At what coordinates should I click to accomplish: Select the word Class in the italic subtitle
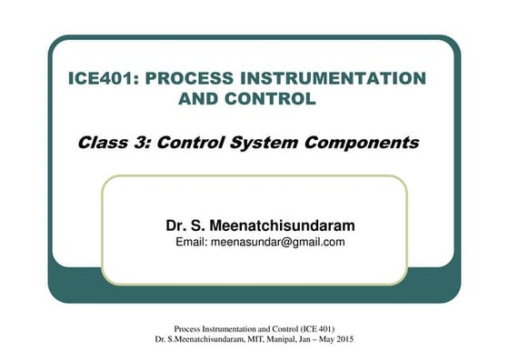coord(101,143)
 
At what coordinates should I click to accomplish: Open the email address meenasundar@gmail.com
coord(278,242)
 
